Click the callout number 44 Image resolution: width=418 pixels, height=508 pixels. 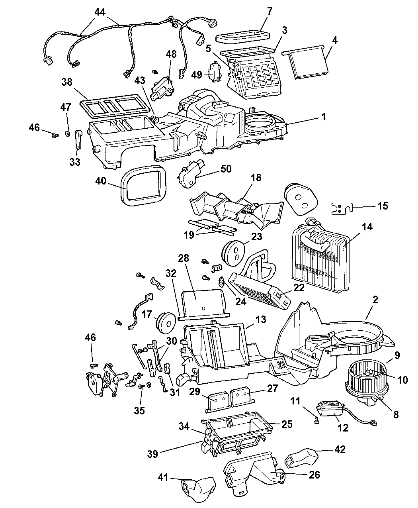click(100, 12)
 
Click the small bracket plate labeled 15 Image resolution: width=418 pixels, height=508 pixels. click(341, 208)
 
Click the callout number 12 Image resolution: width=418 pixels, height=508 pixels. click(343, 428)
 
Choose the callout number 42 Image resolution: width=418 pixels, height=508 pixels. click(340, 449)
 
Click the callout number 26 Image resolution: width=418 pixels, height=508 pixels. click(314, 475)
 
